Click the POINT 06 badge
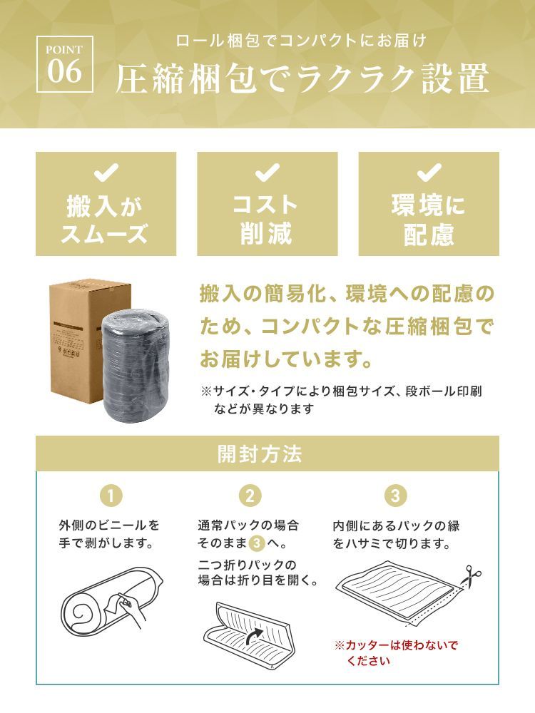pyautogui.click(x=65, y=64)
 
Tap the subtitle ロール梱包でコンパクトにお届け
pyautogui.click(x=301, y=41)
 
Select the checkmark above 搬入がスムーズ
pyautogui.click(x=106, y=173)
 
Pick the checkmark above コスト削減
pyautogui.click(x=267, y=173)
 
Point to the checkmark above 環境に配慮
pyautogui.click(x=429, y=173)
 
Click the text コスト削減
pyautogui.click(x=267, y=220)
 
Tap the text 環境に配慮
pyautogui.click(x=429, y=220)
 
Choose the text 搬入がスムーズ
pyautogui.click(x=106, y=220)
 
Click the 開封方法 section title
pyautogui.click(x=260, y=453)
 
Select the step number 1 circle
pyautogui.click(x=111, y=496)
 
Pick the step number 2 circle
pyautogui.click(x=250, y=496)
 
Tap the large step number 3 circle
pyautogui.click(x=396, y=496)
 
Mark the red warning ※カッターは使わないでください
pyautogui.click(x=396, y=652)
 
